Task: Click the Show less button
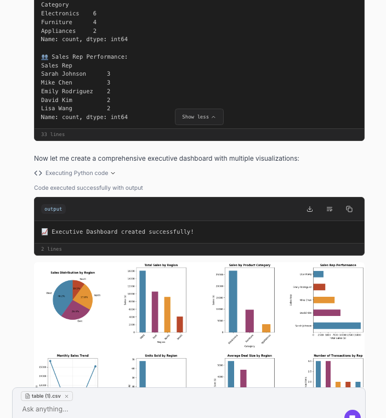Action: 199,117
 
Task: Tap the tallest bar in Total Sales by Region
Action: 143,301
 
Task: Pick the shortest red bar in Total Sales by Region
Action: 180,324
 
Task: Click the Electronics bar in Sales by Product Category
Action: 233,301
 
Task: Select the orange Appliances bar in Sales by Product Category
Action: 266,328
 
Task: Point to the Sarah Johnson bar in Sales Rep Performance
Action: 337,326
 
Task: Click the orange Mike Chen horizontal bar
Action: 324,300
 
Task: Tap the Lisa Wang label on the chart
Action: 305,274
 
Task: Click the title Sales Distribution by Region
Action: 72,273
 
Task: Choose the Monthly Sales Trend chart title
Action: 72,355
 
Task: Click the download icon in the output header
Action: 310,209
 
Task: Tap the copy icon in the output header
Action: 349,209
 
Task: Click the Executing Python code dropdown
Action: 75,173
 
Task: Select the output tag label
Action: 53,209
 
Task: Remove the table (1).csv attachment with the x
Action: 66,396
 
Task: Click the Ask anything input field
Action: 164,409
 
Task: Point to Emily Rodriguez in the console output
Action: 67,91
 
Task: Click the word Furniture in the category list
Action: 56,22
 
